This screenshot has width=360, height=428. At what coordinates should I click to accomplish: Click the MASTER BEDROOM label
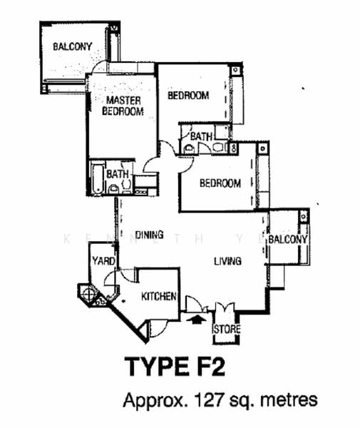(123, 106)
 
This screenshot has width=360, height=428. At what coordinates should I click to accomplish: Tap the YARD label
(103, 261)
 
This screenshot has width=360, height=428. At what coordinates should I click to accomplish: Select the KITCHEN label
(159, 296)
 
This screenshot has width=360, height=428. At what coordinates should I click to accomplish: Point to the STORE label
(227, 329)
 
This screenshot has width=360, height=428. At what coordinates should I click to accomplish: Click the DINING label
(150, 235)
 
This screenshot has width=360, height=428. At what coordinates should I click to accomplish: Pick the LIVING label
(227, 261)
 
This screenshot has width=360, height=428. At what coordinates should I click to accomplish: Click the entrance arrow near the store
(195, 320)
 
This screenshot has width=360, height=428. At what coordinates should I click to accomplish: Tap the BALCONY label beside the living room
(288, 240)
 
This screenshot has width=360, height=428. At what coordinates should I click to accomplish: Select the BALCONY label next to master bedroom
(73, 46)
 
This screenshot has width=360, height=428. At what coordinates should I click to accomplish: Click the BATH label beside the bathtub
(118, 174)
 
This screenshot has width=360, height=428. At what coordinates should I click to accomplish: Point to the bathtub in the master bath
(96, 178)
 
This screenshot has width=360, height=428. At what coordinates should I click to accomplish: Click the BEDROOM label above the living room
(220, 183)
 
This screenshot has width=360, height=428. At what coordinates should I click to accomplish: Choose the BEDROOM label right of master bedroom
(188, 96)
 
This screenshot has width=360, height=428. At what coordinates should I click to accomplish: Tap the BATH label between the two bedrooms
(201, 136)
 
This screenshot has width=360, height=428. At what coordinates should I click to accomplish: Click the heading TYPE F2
(175, 367)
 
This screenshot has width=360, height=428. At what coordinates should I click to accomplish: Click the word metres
(289, 400)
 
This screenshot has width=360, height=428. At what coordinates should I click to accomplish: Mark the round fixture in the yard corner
(88, 294)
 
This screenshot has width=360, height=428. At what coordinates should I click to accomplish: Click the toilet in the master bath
(113, 189)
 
